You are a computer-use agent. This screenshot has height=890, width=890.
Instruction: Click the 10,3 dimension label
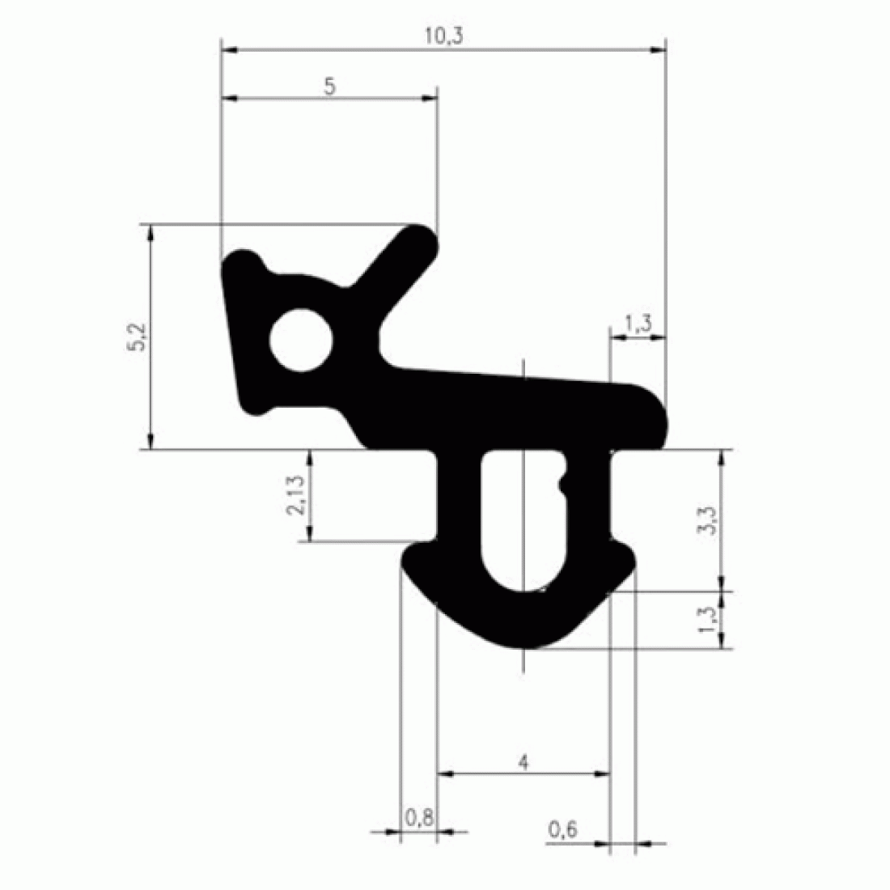[444, 36]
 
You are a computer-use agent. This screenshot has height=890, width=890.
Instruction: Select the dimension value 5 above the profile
[330, 87]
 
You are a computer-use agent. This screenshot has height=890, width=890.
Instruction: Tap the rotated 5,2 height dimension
[137, 337]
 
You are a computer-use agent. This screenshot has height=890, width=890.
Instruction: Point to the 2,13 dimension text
[295, 495]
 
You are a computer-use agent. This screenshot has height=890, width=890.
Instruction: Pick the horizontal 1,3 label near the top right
[638, 324]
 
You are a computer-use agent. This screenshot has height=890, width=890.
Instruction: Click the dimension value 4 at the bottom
[523, 762]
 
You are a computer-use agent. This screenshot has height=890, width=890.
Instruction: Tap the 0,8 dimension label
[419, 818]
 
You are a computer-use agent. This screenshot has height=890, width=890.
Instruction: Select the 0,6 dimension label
[562, 830]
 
